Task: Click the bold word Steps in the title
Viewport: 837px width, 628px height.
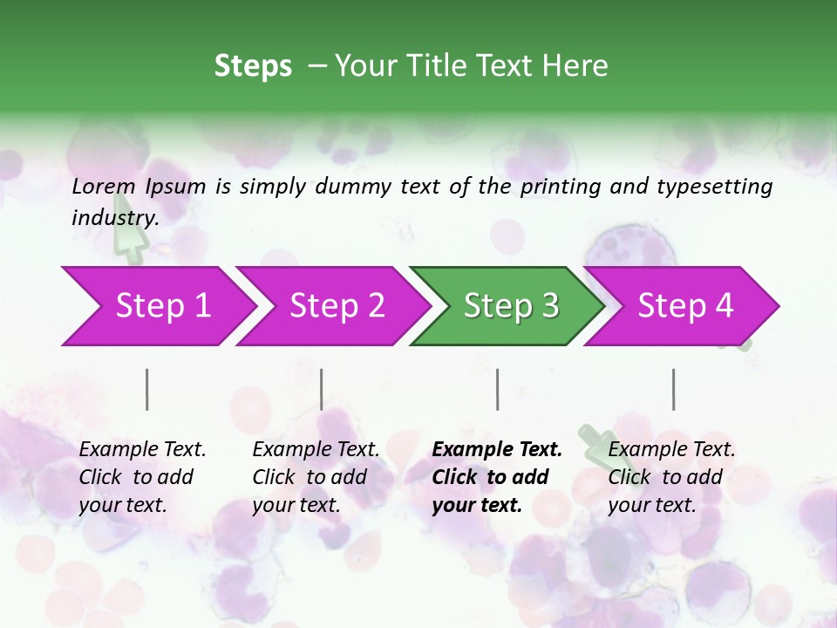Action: click(253, 66)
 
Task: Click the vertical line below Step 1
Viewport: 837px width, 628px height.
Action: click(147, 389)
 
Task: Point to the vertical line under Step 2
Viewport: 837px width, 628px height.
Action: click(322, 389)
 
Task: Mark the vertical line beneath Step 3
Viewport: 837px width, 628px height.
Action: click(498, 389)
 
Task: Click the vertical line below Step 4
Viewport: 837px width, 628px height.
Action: click(674, 389)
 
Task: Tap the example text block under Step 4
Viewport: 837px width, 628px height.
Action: click(671, 477)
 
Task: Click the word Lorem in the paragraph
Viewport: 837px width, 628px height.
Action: click(104, 186)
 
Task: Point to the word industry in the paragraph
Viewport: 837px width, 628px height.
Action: click(114, 218)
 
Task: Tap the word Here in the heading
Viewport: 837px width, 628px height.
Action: click(575, 66)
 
